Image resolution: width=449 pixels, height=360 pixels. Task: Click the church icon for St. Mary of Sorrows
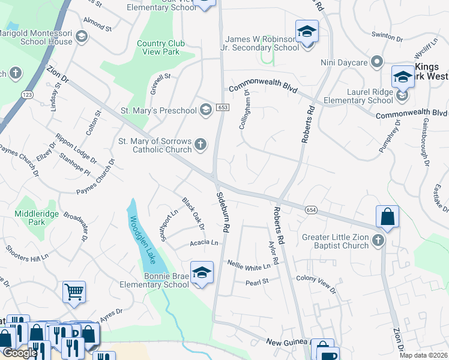200,145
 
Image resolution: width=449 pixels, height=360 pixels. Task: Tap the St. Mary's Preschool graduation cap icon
206,109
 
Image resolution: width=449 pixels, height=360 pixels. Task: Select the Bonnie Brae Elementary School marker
202,272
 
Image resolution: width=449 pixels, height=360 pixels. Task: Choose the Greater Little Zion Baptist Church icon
378,241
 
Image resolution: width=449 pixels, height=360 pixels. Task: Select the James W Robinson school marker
307,32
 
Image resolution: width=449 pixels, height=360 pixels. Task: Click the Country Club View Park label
158,47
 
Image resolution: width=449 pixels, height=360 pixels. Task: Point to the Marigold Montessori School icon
82,37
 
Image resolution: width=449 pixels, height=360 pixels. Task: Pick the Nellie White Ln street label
249,264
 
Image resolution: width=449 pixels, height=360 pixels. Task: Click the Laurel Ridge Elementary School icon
402,94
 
